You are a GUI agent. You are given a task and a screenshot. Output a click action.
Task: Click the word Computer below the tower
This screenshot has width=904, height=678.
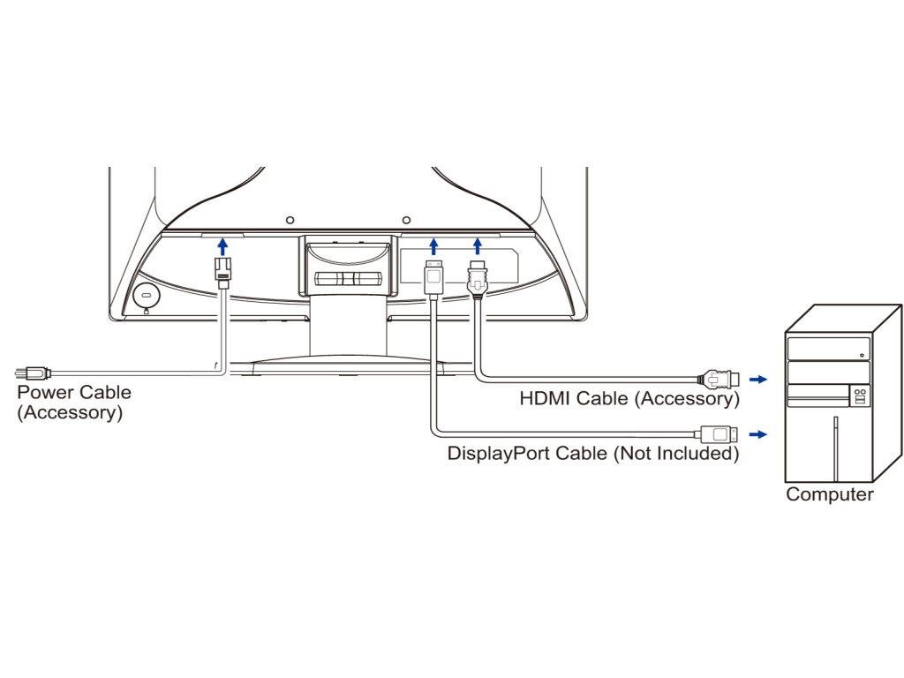coord(829,494)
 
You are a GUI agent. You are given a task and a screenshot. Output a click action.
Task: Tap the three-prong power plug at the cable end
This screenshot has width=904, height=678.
coord(34,373)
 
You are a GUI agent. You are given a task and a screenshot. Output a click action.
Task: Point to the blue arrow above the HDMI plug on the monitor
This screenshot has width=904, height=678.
coord(478,245)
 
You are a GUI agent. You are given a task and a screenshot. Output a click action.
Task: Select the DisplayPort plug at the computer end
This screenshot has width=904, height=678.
coord(716,433)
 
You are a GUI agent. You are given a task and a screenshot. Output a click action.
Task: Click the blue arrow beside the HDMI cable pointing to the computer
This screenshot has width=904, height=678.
coord(757,380)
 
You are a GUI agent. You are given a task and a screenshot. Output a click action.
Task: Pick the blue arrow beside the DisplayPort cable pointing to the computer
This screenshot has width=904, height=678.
coord(757,434)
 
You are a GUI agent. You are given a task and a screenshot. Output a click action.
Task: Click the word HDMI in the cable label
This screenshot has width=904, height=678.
coord(545,399)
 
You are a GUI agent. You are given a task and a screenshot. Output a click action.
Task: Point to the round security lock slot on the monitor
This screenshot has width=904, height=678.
coord(146,295)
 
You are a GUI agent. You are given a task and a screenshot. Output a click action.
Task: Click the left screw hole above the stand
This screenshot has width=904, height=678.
coord(290,219)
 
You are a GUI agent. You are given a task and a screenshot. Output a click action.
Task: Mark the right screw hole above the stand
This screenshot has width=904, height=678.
coord(405,219)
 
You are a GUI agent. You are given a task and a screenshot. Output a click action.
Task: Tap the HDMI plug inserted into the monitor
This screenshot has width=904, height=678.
coord(478,279)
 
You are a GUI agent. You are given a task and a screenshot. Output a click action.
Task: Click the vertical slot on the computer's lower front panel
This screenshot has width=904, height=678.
coord(833,449)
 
